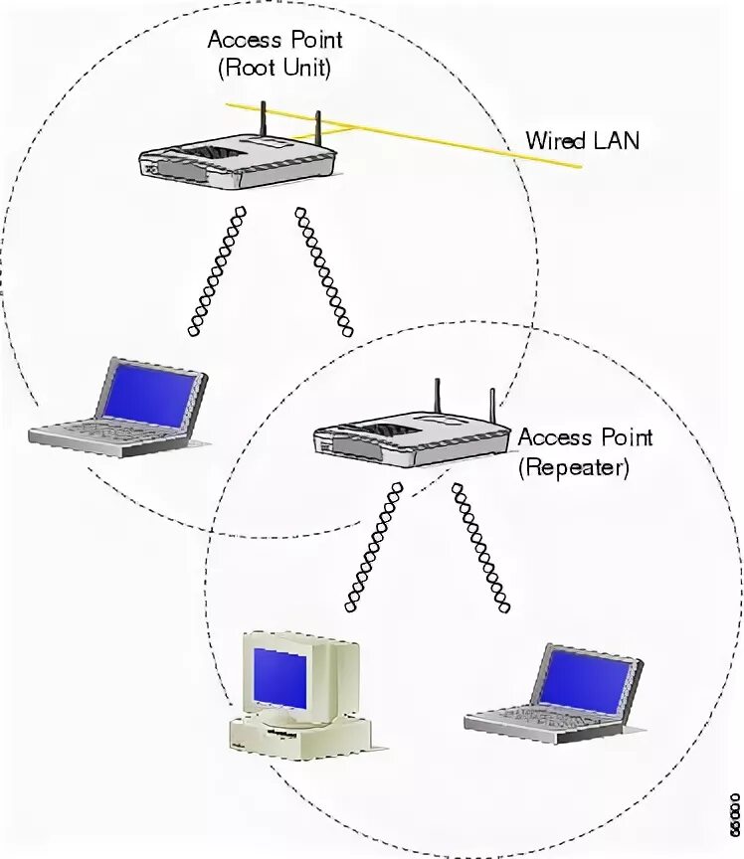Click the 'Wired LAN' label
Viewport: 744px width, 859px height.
click(582, 141)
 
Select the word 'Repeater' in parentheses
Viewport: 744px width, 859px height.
click(573, 467)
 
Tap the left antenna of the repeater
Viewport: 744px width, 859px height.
click(437, 400)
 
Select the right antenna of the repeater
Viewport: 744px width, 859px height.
click(491, 408)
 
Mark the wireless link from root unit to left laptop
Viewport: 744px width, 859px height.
click(214, 268)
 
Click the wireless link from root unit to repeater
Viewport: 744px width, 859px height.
click(323, 268)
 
